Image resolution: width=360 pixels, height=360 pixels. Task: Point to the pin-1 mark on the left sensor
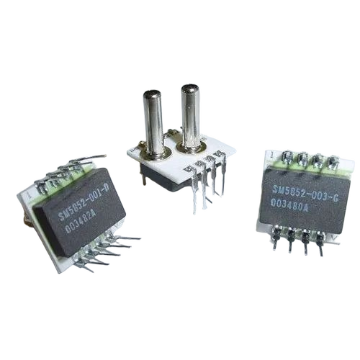pyautogui.click(x=27, y=194)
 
